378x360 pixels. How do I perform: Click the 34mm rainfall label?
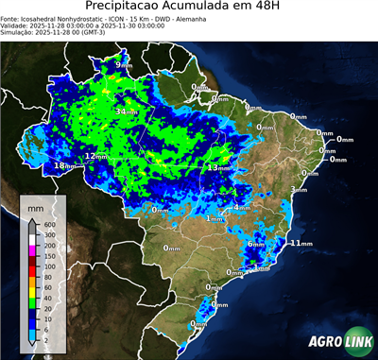coord(123,111)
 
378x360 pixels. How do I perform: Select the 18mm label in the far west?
coord(64,166)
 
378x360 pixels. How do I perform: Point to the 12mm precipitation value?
coord(95,156)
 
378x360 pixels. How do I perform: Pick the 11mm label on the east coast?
coord(301,243)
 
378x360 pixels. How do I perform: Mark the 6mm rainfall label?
coord(255,244)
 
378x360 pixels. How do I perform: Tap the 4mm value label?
coord(241,207)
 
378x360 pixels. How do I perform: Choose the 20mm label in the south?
coord(219,305)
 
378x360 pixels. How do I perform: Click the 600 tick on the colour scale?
coord(47,224)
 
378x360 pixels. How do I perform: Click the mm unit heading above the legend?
coord(36,205)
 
